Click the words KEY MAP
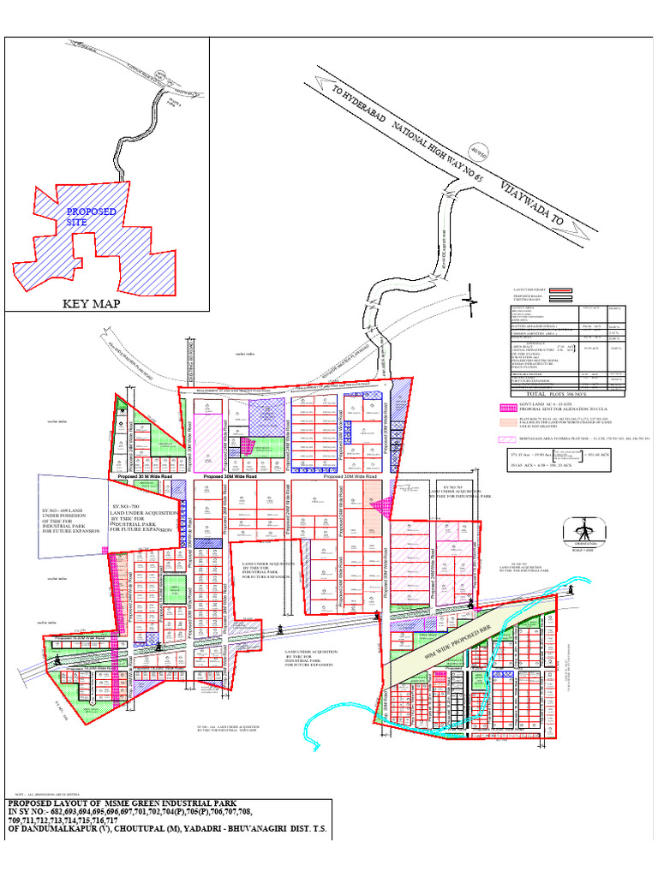click(x=89, y=303)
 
